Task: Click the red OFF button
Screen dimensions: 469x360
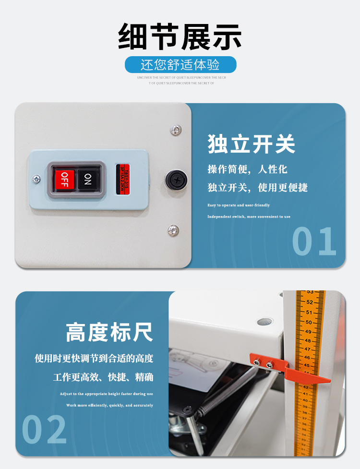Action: coord(64,180)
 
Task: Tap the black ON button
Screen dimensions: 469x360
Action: coord(87,179)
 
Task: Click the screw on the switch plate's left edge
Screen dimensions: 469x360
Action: coord(36,180)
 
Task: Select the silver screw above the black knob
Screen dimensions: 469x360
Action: coord(176,130)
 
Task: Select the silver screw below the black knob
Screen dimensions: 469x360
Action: coord(173,230)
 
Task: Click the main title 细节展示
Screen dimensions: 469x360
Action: coord(180,37)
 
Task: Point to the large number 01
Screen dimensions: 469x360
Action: coord(314,241)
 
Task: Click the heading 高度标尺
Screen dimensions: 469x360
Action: coord(109,332)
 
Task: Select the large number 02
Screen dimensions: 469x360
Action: coord(44,429)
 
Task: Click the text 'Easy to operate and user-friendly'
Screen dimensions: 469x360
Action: coord(239,205)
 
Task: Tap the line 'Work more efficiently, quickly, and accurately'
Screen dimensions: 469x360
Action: coord(109,405)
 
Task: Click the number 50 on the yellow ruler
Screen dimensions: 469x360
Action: coord(309,322)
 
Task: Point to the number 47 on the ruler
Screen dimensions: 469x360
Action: coord(307,349)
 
